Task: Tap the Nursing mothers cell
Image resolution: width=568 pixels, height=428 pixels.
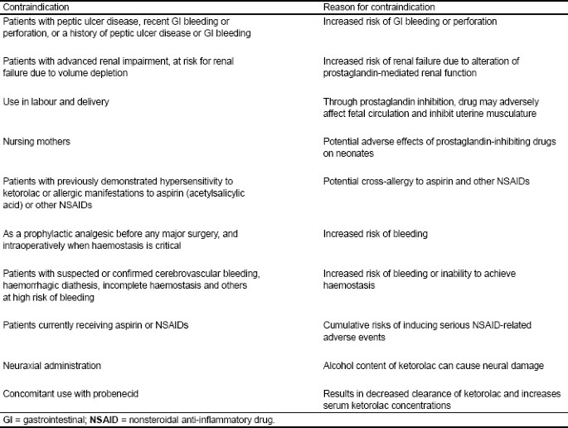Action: [36, 142]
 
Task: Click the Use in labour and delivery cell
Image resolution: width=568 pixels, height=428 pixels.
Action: [56, 101]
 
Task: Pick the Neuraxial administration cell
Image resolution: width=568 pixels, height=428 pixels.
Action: [51, 365]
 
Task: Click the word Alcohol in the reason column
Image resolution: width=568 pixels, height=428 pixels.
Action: [338, 365]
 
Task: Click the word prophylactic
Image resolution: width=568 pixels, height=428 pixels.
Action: [45, 233]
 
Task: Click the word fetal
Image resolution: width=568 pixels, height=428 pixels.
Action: [365, 113]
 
